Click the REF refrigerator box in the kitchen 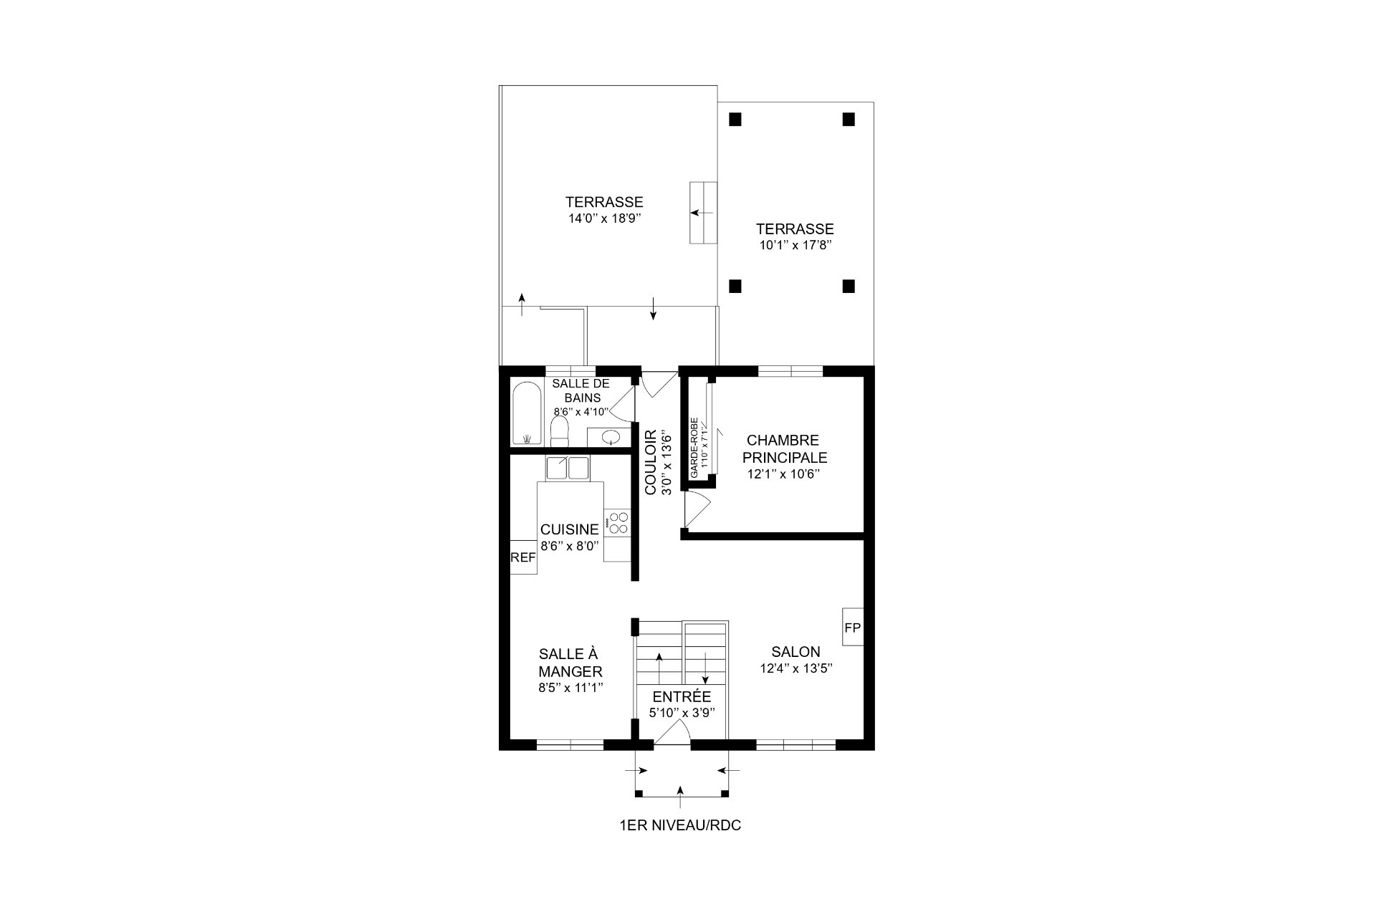point(523,557)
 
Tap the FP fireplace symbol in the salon point(852,628)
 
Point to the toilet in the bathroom point(559,432)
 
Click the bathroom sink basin point(611,436)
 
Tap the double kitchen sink point(567,468)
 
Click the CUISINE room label point(569,529)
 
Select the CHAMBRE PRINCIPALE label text point(785,448)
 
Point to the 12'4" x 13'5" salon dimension point(796,668)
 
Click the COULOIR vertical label point(651,462)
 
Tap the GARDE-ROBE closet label point(694,448)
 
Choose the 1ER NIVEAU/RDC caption point(680,825)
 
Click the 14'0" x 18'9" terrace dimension point(603,219)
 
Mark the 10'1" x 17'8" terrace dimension point(795,245)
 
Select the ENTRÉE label point(682,697)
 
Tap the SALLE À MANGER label point(570,663)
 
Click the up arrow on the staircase point(659,667)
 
